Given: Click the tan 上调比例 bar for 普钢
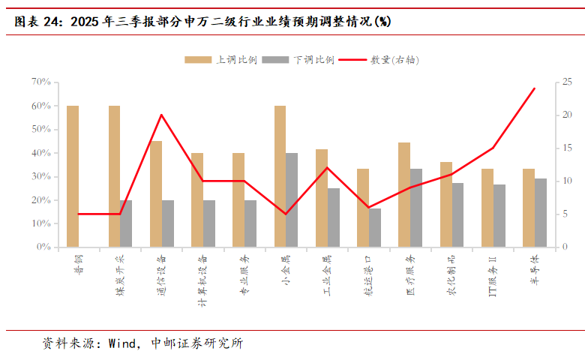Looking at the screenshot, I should click(x=73, y=176).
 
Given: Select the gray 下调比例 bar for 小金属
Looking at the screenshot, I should click(x=292, y=199).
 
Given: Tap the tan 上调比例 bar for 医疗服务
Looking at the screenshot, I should click(x=404, y=194).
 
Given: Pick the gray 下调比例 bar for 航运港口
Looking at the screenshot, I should click(x=375, y=227).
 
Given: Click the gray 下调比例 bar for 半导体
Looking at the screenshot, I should click(x=541, y=212).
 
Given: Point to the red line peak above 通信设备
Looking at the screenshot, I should click(x=161, y=115).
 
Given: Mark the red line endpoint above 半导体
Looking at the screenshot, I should click(x=534, y=88).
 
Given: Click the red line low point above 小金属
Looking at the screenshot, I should click(x=286, y=214).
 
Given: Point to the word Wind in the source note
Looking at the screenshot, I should click(x=122, y=344).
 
